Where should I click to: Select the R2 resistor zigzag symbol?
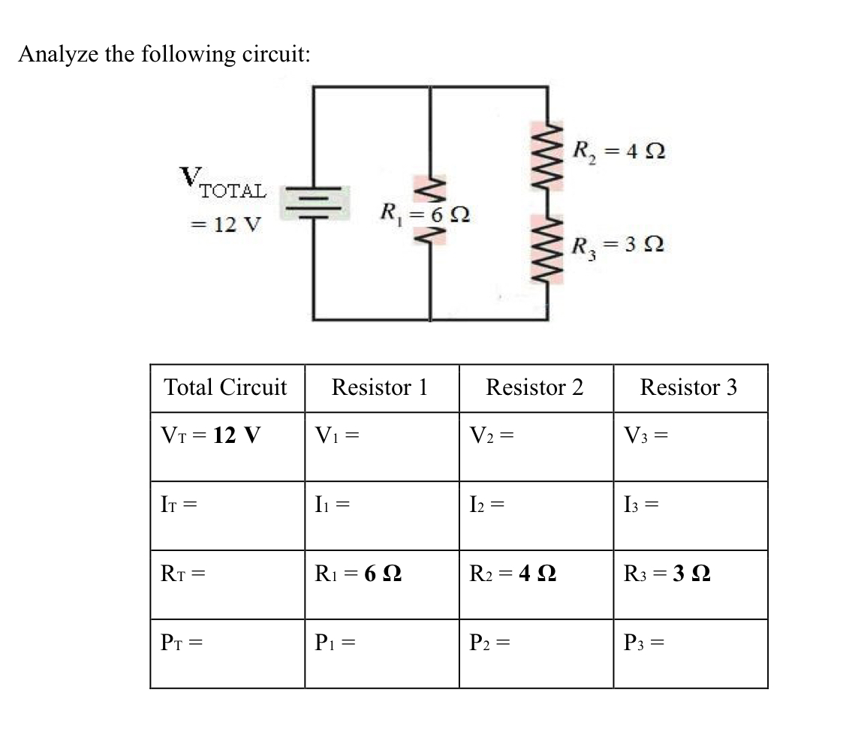point(547,157)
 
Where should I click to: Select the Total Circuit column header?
point(225,387)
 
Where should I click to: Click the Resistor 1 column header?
point(380,387)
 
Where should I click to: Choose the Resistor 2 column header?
point(534,387)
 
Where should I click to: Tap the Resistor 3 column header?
point(688,387)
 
